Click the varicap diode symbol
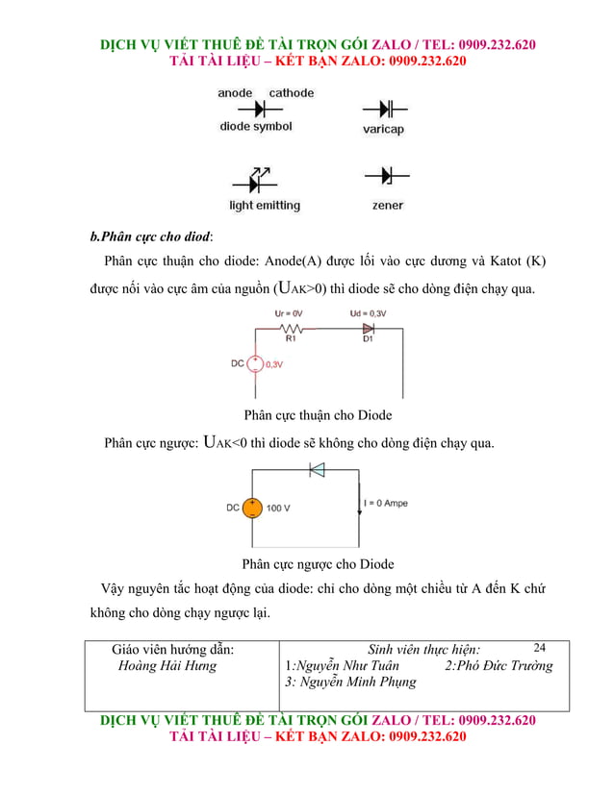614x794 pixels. [x=385, y=109]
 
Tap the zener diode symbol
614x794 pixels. [x=387, y=177]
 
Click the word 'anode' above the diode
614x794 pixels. [x=235, y=93]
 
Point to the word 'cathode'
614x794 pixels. [x=291, y=93]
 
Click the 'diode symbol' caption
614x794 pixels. [x=256, y=127]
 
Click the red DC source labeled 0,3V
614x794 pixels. [x=256, y=364]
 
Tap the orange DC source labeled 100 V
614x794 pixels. [x=251, y=508]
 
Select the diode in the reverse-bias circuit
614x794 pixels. [x=316, y=470]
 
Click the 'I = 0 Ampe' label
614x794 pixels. [x=386, y=504]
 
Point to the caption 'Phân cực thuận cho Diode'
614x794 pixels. [x=318, y=415]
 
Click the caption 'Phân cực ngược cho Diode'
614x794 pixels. [x=318, y=564]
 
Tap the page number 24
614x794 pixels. [x=539, y=648]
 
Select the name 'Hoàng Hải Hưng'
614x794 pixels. [x=166, y=665]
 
